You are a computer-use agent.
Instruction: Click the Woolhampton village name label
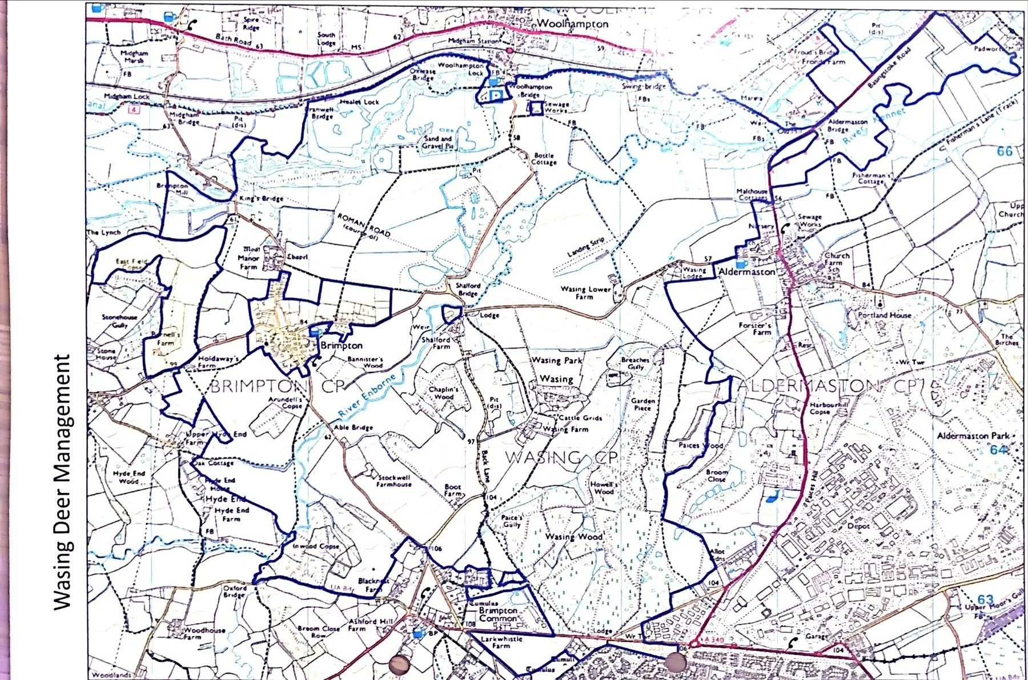coord(573,24)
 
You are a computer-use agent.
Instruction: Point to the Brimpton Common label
coord(498,614)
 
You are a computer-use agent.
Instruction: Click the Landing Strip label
coord(585,246)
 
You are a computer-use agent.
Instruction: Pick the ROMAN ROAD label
coord(363,228)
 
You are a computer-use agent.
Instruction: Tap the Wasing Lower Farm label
coord(585,292)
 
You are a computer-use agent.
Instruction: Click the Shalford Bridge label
coord(468,289)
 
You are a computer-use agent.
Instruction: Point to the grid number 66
coord(1004,151)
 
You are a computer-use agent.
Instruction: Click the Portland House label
coord(885,315)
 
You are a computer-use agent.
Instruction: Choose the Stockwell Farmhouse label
coord(393,480)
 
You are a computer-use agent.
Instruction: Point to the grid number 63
coord(985,599)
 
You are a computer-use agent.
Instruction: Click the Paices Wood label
coord(700,445)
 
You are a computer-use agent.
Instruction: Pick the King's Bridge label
coord(260,199)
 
